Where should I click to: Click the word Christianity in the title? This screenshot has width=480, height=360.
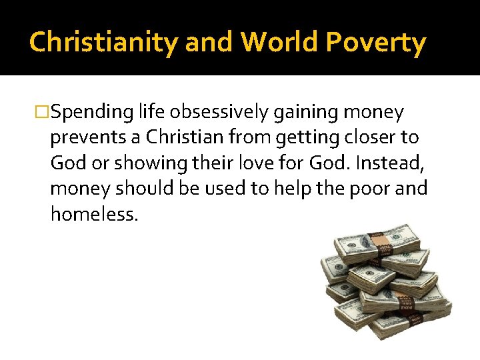(x=104, y=43)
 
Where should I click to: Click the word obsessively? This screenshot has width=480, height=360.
(x=215, y=113)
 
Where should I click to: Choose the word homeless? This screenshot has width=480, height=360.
(x=94, y=214)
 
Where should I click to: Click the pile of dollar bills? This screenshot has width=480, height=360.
(x=383, y=280)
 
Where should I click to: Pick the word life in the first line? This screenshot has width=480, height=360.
(x=151, y=113)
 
